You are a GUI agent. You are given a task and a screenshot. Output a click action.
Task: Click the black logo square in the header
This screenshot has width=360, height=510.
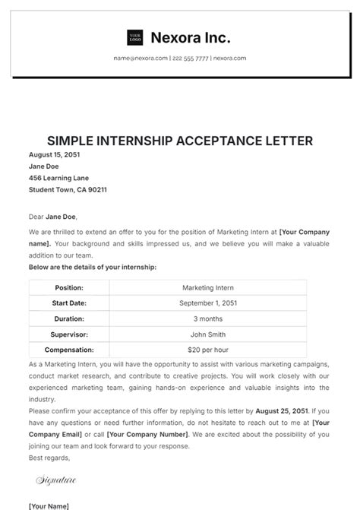(135, 37)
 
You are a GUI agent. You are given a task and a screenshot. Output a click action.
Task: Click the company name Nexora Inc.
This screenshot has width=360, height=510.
(191, 37)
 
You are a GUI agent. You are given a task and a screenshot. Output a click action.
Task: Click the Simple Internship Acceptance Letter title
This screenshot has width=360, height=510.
(180, 141)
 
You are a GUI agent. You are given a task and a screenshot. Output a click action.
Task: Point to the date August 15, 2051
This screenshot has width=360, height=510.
(54, 154)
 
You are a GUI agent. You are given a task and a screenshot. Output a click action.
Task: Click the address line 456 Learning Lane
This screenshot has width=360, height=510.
(58, 178)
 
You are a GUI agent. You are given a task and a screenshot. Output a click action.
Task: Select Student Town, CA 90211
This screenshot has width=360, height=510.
(68, 189)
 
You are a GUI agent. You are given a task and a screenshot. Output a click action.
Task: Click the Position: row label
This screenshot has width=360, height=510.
(69, 287)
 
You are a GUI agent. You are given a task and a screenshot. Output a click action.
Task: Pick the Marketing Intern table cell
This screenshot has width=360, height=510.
(208, 287)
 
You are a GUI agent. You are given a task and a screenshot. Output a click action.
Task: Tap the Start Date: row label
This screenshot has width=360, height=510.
(69, 303)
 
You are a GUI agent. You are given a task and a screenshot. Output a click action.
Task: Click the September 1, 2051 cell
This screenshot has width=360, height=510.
(208, 303)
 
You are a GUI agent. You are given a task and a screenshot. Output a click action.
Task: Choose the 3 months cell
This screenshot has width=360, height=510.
(208, 318)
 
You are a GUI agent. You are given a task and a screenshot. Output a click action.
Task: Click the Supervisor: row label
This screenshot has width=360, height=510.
(69, 334)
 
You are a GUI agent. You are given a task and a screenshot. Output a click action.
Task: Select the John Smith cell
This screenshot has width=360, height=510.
(208, 334)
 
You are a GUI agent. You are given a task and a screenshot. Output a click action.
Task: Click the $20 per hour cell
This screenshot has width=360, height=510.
(208, 350)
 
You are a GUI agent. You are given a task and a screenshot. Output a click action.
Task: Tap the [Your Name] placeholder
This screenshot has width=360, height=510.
(49, 505)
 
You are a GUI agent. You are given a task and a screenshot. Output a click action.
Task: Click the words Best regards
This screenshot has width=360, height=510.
(49, 458)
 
